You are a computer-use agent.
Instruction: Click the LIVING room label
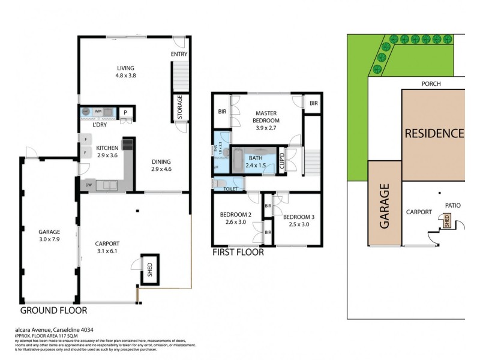pyautogui.click(x=125, y=68)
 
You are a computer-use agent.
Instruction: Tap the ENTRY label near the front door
pyautogui.click(x=179, y=55)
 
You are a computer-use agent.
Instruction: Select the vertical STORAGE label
pyautogui.click(x=179, y=107)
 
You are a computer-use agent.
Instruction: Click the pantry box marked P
pyautogui.click(x=125, y=112)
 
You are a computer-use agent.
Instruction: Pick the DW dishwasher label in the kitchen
pyautogui.click(x=88, y=185)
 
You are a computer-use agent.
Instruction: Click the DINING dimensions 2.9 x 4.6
pyautogui.click(x=161, y=169)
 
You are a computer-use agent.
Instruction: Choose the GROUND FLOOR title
pyautogui.click(x=54, y=311)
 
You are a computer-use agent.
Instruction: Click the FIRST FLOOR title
pyautogui.click(x=238, y=253)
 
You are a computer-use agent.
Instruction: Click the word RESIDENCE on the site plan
pyautogui.click(x=433, y=133)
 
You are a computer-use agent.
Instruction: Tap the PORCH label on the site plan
pyautogui.click(x=431, y=84)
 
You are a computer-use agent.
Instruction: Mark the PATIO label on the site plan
pyautogui.click(x=452, y=205)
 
